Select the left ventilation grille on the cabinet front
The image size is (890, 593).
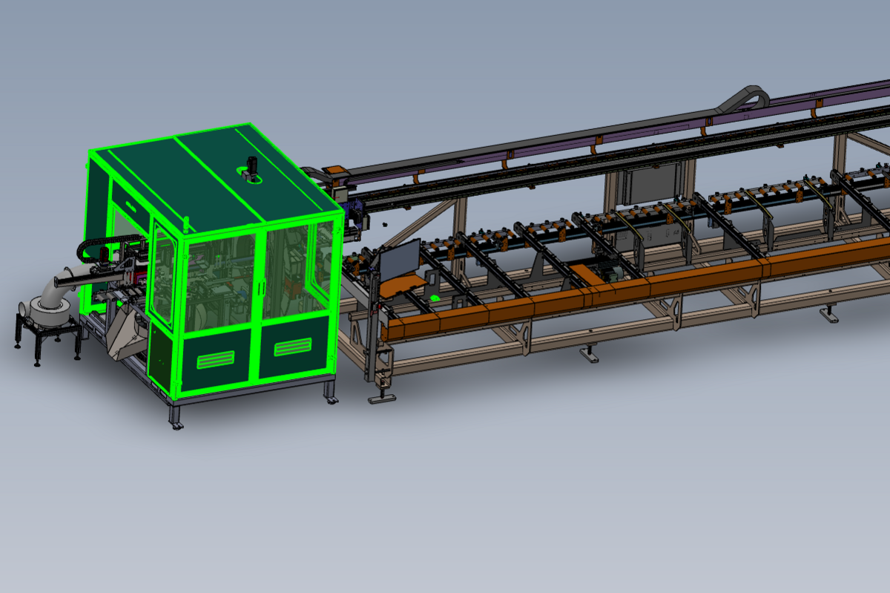(x=216, y=361)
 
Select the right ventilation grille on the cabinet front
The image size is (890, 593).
(x=293, y=347)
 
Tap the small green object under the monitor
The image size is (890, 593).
(x=435, y=298)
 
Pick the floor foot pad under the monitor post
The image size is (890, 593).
(x=382, y=399)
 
